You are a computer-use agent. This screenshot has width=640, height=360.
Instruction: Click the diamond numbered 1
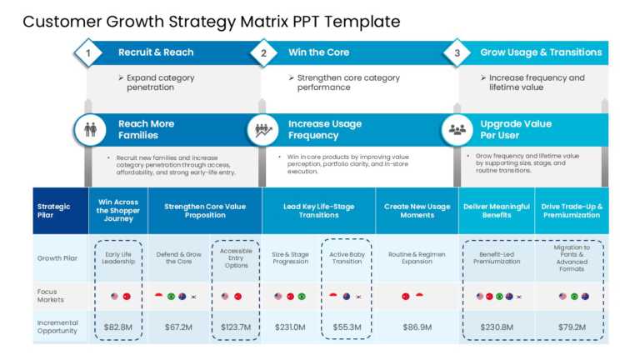tap(87, 52)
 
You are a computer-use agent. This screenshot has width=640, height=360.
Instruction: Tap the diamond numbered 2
tap(264, 52)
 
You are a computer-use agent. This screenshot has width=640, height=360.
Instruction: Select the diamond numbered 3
tap(457, 52)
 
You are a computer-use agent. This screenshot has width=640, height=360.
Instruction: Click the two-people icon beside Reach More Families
tap(90, 130)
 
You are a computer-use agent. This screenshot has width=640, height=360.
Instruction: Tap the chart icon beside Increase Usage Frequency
tap(264, 130)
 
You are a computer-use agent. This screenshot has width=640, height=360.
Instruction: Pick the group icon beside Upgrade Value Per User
tap(457, 130)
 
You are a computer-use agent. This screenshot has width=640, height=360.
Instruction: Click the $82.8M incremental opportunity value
tap(117, 327)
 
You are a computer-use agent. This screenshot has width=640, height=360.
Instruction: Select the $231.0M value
tap(289, 327)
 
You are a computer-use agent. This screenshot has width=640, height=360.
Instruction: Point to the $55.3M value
tap(346, 327)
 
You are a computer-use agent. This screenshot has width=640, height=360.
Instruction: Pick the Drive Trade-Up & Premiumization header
tap(572, 211)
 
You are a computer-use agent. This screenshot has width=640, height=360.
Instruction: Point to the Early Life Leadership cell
tap(117, 257)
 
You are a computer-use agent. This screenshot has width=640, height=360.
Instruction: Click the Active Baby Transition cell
tap(346, 257)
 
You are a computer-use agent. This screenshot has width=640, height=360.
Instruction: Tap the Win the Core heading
tap(319, 52)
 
